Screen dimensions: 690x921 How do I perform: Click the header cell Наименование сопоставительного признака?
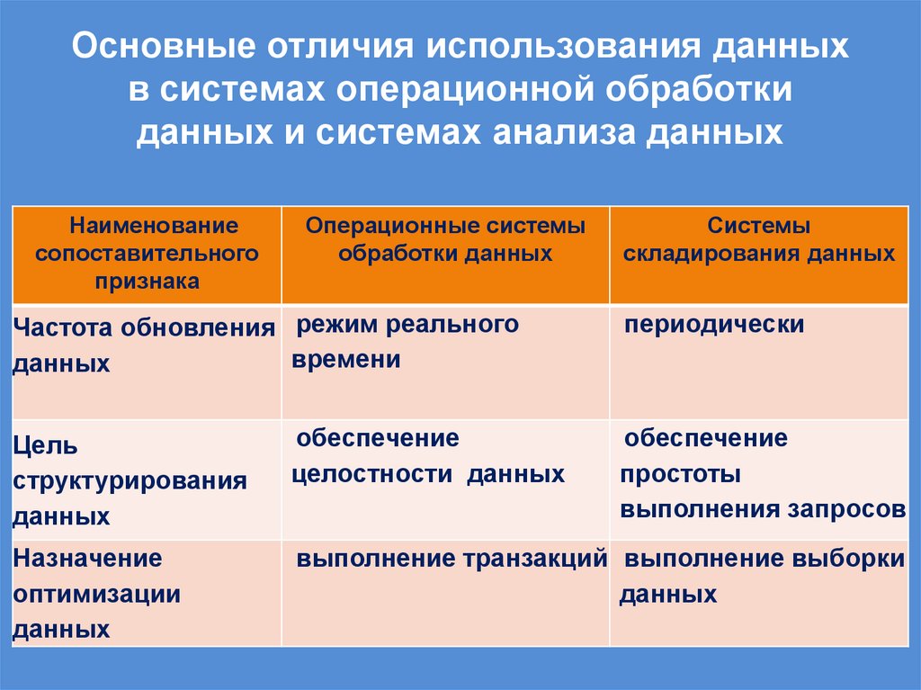tap(147, 254)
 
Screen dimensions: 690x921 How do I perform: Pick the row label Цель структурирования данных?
tap(130, 480)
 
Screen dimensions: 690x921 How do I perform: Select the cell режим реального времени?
tap(406, 342)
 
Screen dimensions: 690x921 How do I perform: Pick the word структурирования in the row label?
tap(130, 481)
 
